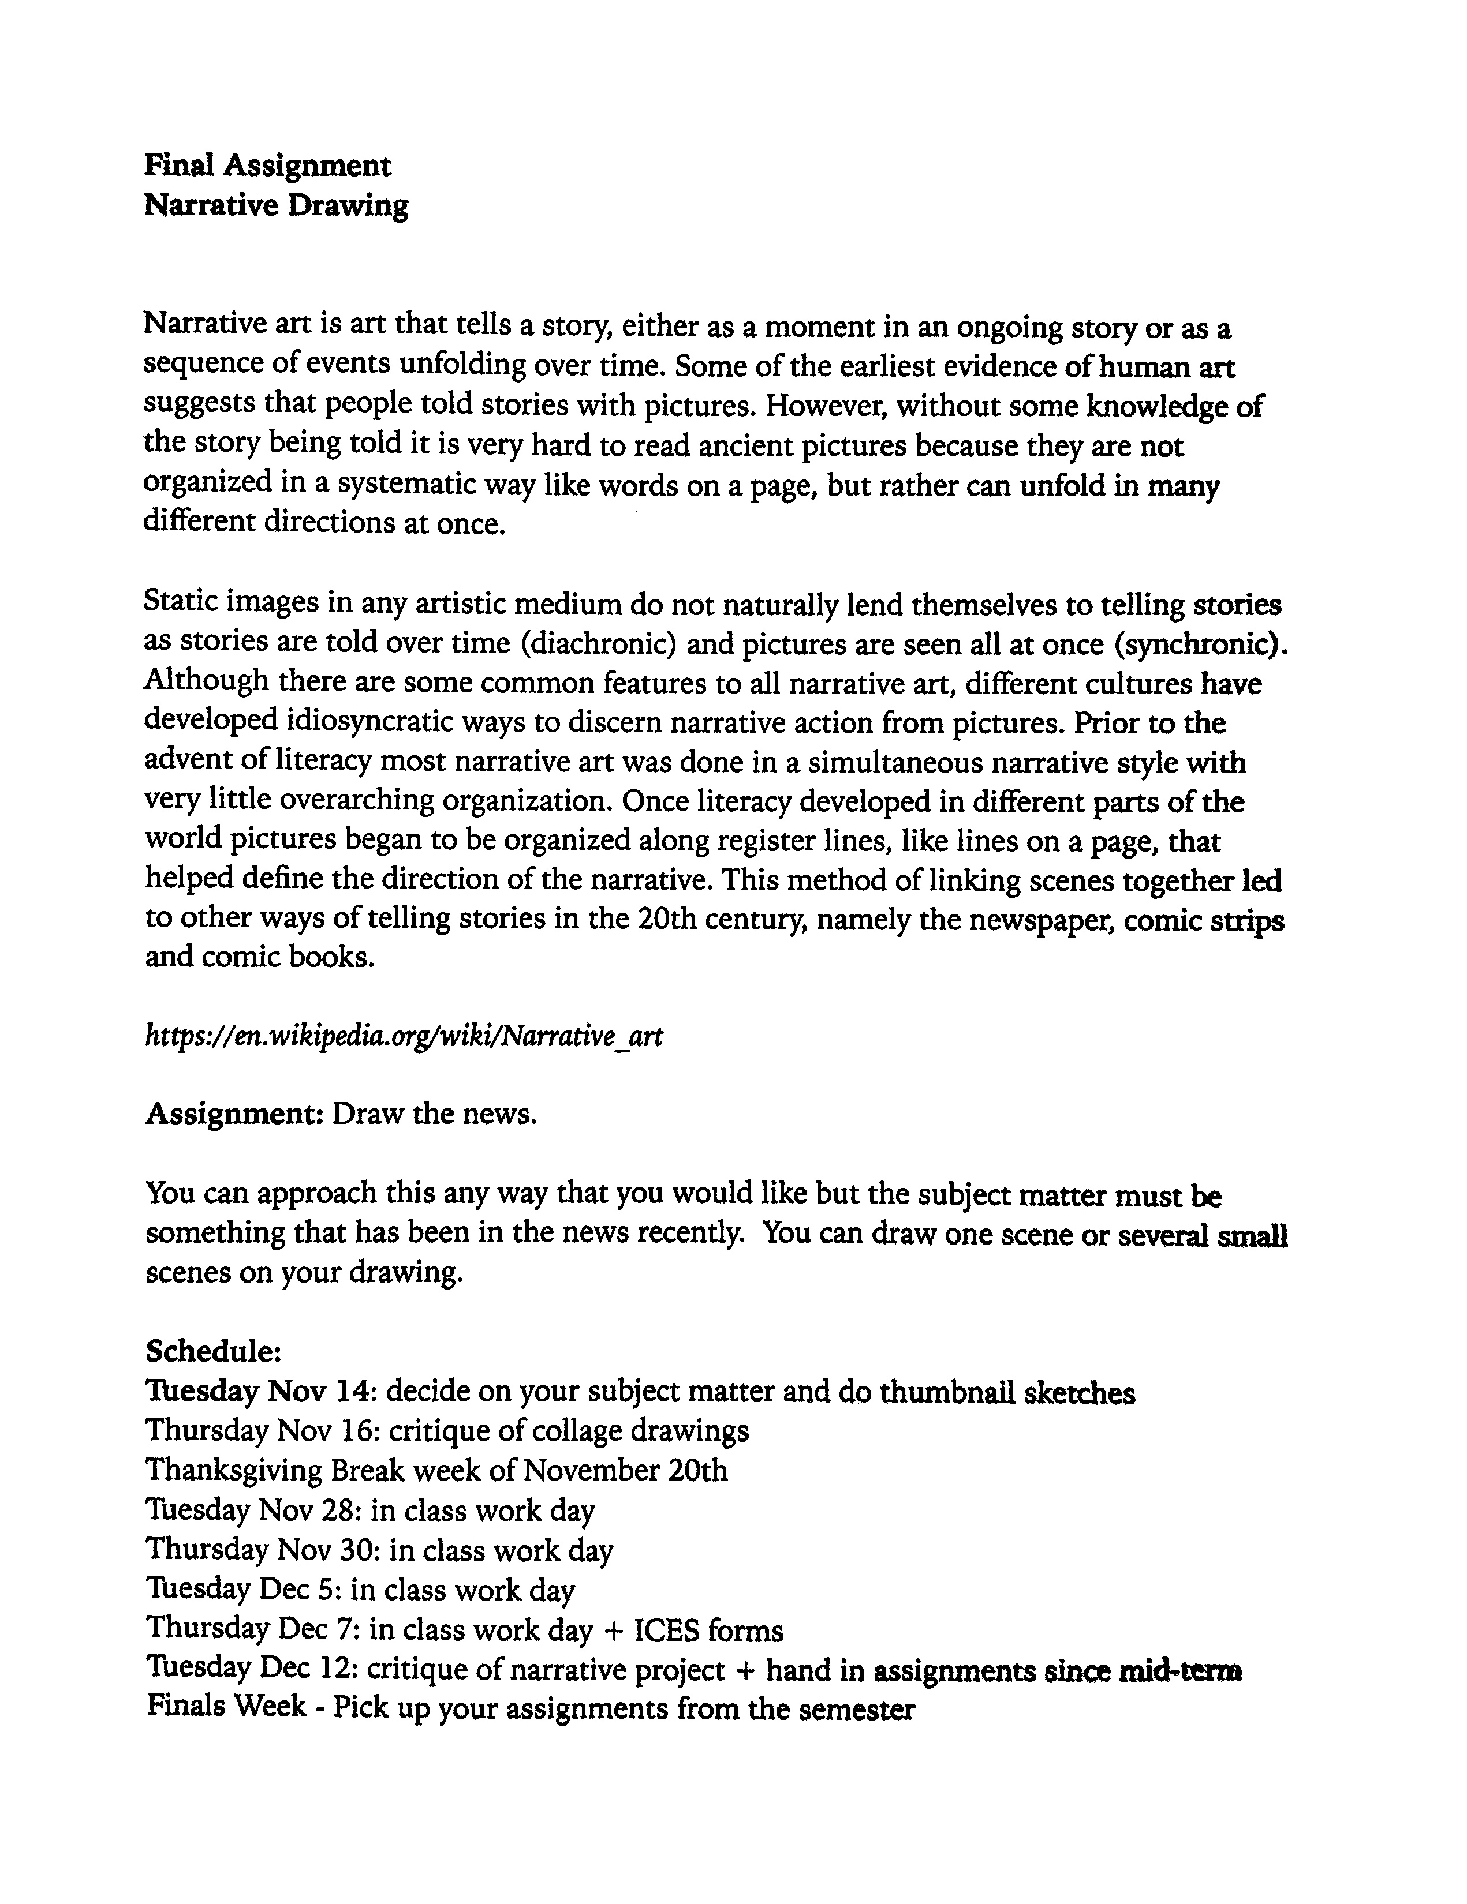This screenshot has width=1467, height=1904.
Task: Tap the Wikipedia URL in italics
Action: (403, 1035)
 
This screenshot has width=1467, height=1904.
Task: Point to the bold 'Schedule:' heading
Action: (213, 1351)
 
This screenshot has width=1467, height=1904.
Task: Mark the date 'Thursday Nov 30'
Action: (259, 1549)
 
